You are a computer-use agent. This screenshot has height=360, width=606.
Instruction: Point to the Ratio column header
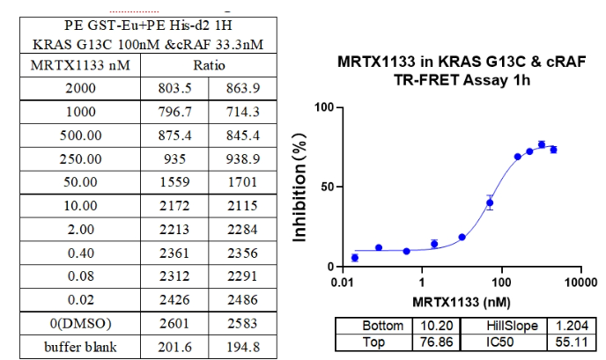pyautogui.click(x=210, y=66)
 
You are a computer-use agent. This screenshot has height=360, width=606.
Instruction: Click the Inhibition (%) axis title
pyautogui.click(x=304, y=187)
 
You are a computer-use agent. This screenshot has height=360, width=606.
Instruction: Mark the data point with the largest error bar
pyautogui.click(x=490, y=203)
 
